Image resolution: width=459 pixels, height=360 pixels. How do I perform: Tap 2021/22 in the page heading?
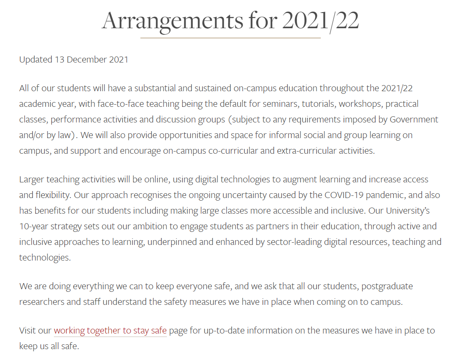point(320,20)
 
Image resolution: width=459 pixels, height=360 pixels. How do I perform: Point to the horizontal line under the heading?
point(230,38)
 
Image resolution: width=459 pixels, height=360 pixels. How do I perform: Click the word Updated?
point(36,59)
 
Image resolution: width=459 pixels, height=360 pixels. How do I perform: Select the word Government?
point(414,119)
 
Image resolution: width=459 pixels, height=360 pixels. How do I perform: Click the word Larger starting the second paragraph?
point(32,179)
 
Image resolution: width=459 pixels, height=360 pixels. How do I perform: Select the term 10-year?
point(32,226)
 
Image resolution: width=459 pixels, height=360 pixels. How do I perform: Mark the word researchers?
point(41,302)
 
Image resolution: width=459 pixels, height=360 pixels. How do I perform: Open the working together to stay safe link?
point(110,330)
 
